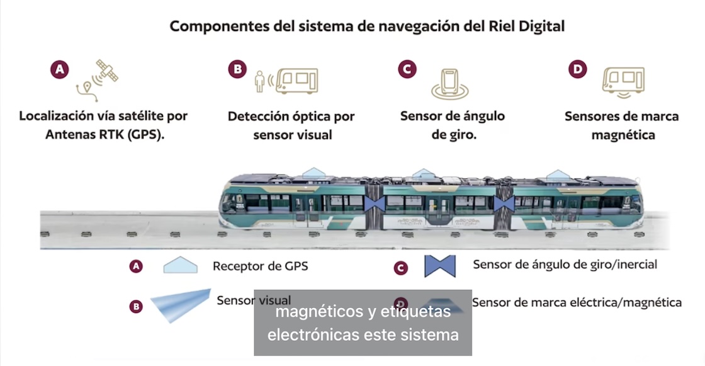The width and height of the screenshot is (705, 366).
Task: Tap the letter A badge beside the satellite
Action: [60, 69]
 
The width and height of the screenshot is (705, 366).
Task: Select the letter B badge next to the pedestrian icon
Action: [237, 69]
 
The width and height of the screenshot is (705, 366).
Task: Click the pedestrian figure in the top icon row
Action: [259, 81]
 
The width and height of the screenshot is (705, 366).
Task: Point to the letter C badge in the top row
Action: [409, 69]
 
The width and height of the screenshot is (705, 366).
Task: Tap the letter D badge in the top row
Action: [577, 69]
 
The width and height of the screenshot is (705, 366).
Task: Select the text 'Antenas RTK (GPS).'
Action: [104, 135]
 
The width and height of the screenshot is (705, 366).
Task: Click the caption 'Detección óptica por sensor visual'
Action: [291, 125]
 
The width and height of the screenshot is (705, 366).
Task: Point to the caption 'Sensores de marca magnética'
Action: [622, 125]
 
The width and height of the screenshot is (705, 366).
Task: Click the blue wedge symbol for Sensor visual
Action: [180, 304]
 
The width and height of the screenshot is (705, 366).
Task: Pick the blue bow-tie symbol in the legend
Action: [440, 266]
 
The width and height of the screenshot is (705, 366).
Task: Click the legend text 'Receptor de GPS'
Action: [261, 266]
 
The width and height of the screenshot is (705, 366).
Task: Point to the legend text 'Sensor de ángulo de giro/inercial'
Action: [565, 265]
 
